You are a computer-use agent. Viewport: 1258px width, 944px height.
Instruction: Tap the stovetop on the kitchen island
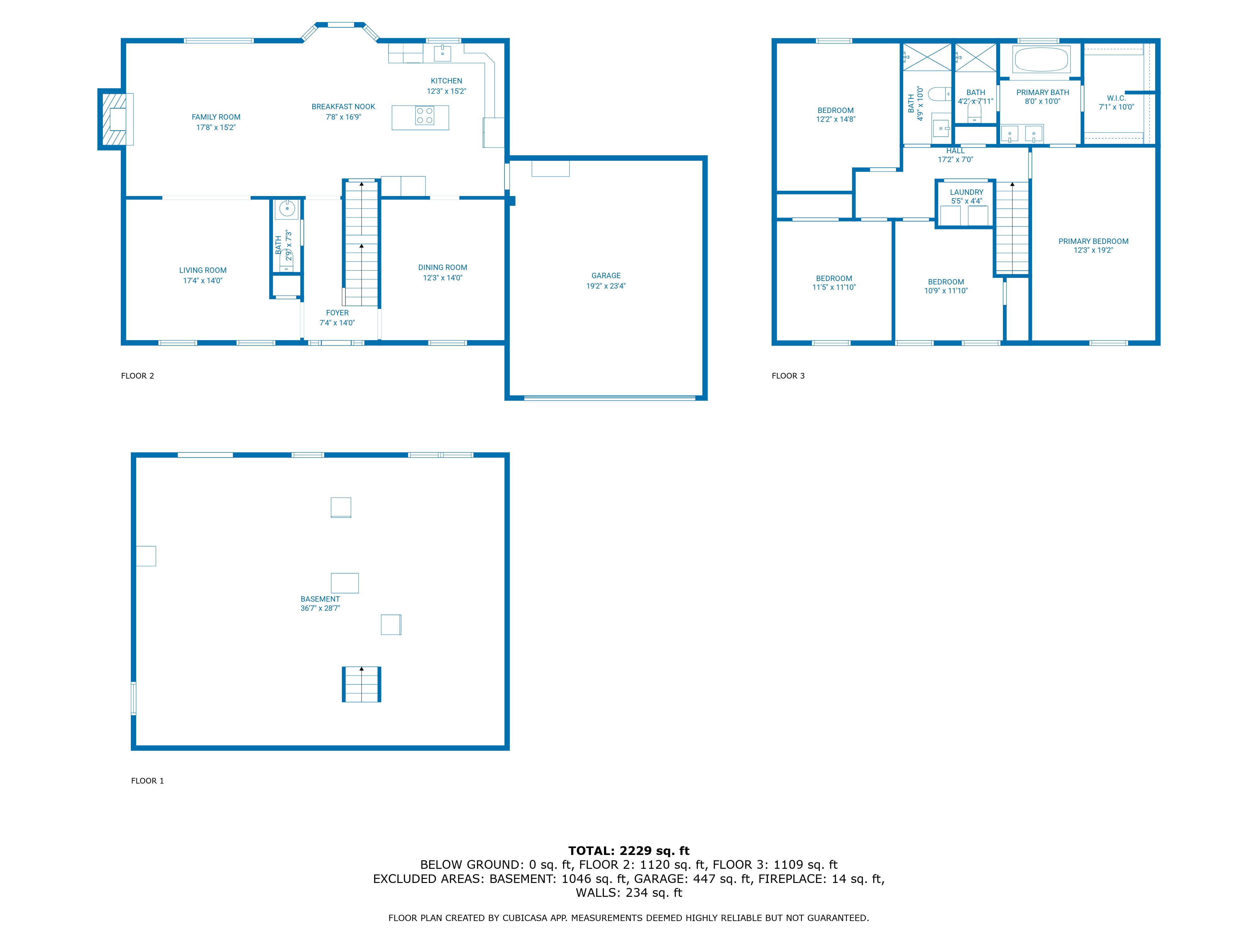pyautogui.click(x=425, y=115)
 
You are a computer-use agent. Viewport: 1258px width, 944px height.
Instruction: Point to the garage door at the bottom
pyautogui.click(x=609, y=398)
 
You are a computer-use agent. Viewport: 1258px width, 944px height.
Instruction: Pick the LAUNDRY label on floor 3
pyautogui.click(x=966, y=192)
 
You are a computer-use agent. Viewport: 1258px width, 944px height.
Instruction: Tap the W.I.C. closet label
pyautogui.click(x=1116, y=98)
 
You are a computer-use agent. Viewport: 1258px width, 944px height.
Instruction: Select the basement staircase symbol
pyautogui.click(x=361, y=684)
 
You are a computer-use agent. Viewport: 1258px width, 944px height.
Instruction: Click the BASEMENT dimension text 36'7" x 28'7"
pyautogui.click(x=320, y=608)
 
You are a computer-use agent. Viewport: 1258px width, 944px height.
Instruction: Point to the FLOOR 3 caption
pyautogui.click(x=788, y=375)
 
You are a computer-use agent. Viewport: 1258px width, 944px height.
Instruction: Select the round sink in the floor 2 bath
pyautogui.click(x=287, y=209)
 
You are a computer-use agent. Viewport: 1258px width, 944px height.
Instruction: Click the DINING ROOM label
pyautogui.click(x=443, y=267)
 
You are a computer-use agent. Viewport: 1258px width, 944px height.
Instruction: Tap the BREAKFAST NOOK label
pyautogui.click(x=343, y=106)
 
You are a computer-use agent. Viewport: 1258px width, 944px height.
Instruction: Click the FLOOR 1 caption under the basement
pyautogui.click(x=147, y=781)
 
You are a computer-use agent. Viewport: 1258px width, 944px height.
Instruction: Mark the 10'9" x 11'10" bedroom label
pyautogui.click(x=946, y=291)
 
